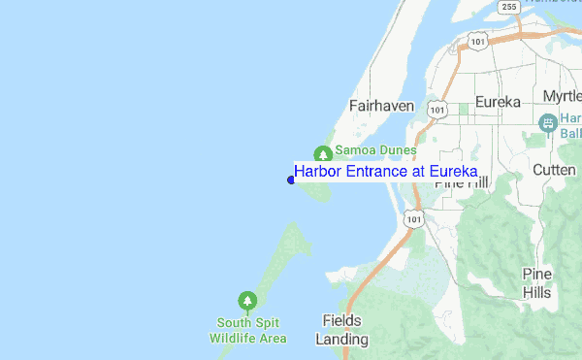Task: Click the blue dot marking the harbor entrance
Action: [291, 179]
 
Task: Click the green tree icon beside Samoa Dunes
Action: [323, 152]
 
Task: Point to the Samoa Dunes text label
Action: [375, 151]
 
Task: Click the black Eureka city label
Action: [498, 102]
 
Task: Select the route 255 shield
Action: [509, 7]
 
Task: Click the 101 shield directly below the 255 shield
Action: [476, 40]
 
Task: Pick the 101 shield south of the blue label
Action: [415, 219]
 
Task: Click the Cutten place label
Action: [554, 170]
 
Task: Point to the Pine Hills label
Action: [536, 282]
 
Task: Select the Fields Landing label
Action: [341, 330]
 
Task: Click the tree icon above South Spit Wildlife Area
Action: [247, 301]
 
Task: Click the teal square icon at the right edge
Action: [547, 122]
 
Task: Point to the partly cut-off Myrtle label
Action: [562, 96]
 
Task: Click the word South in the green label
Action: [235, 323]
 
